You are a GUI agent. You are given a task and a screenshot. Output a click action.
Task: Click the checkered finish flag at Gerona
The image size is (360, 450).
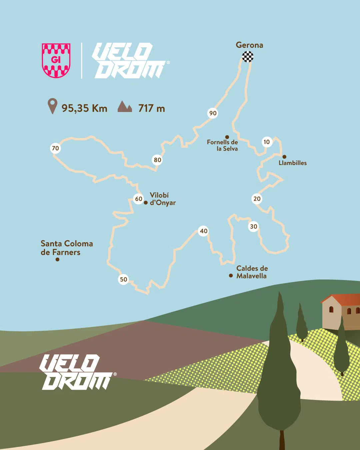coord(248,57)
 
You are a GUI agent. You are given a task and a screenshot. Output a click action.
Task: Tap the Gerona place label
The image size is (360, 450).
coord(249,45)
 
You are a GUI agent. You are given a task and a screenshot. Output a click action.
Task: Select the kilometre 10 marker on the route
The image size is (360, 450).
coord(267,142)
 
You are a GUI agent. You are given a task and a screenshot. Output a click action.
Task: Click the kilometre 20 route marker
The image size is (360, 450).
coord(257,199)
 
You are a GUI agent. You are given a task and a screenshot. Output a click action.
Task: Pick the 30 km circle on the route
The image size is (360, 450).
coord(254,227)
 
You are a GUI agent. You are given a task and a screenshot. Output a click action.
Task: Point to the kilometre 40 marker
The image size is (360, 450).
coord(203,231)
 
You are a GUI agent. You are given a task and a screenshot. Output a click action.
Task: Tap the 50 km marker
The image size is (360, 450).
coord(124,279)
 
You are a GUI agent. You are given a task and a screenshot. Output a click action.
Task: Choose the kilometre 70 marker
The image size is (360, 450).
coord(55,148)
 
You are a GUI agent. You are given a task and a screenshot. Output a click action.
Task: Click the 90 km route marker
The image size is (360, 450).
coord(213,113)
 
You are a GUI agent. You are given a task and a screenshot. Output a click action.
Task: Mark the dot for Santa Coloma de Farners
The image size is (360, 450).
coord(57,259)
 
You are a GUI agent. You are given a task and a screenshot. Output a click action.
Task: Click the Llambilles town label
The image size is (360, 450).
coord(292,163)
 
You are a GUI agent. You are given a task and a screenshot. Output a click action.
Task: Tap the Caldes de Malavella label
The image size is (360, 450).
coord(252,272)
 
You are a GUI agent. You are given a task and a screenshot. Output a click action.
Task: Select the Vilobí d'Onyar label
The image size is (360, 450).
coord(162,199)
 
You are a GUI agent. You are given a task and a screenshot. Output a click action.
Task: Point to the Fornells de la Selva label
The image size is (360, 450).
coord(222,145)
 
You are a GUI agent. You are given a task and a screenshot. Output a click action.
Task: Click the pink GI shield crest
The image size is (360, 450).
coord(56,60)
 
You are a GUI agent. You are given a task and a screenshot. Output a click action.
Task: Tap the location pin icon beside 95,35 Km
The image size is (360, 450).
coord(52,106)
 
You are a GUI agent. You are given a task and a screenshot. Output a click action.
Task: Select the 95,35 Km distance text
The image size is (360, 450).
coord(84,108)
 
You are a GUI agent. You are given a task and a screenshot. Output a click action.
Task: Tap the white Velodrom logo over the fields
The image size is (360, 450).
coord(76,372)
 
